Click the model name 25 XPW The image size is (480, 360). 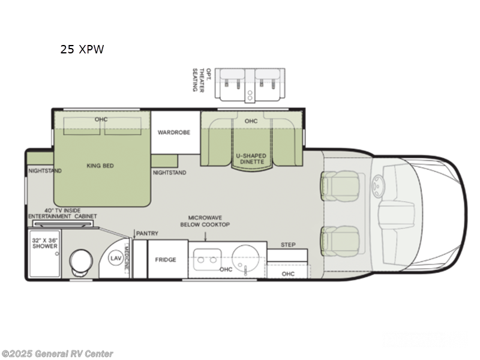tap(82, 50)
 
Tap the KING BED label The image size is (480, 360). tap(100, 166)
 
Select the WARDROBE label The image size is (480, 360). tap(174, 132)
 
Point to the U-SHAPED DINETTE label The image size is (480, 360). tap(251, 158)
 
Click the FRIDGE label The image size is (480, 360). tap(166, 260)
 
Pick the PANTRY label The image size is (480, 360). tap(146, 233)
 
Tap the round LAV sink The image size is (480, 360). tap(116, 258)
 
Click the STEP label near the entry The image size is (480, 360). tap(287, 245)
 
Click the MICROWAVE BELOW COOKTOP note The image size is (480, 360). tap(209, 221)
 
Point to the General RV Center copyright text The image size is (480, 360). tap(57, 354)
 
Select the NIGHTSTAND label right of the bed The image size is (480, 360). tap(169, 173)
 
